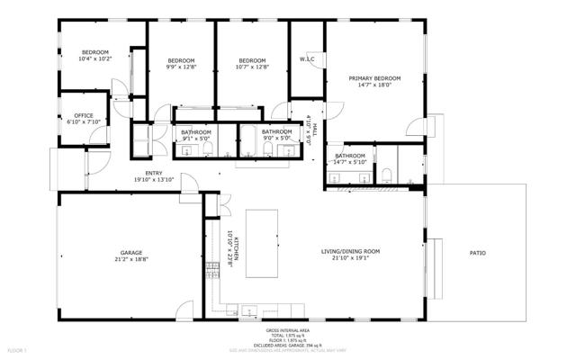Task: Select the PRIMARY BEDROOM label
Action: point(374,79)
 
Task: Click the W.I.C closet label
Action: point(306,60)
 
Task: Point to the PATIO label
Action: point(477,254)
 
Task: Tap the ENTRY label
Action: point(153,174)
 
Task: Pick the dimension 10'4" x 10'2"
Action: point(94,59)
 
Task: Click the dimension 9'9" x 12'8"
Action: point(180,67)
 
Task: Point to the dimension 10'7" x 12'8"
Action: point(252,67)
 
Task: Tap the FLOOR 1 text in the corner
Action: point(16,348)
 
